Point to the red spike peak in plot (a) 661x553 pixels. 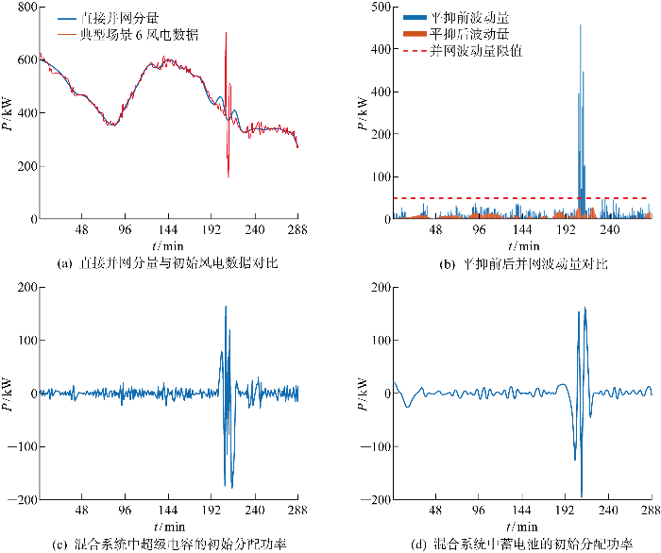226,34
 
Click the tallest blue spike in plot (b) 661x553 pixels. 580,26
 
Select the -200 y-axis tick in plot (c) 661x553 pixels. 20,499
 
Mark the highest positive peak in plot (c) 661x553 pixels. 226,307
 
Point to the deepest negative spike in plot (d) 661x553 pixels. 581,495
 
